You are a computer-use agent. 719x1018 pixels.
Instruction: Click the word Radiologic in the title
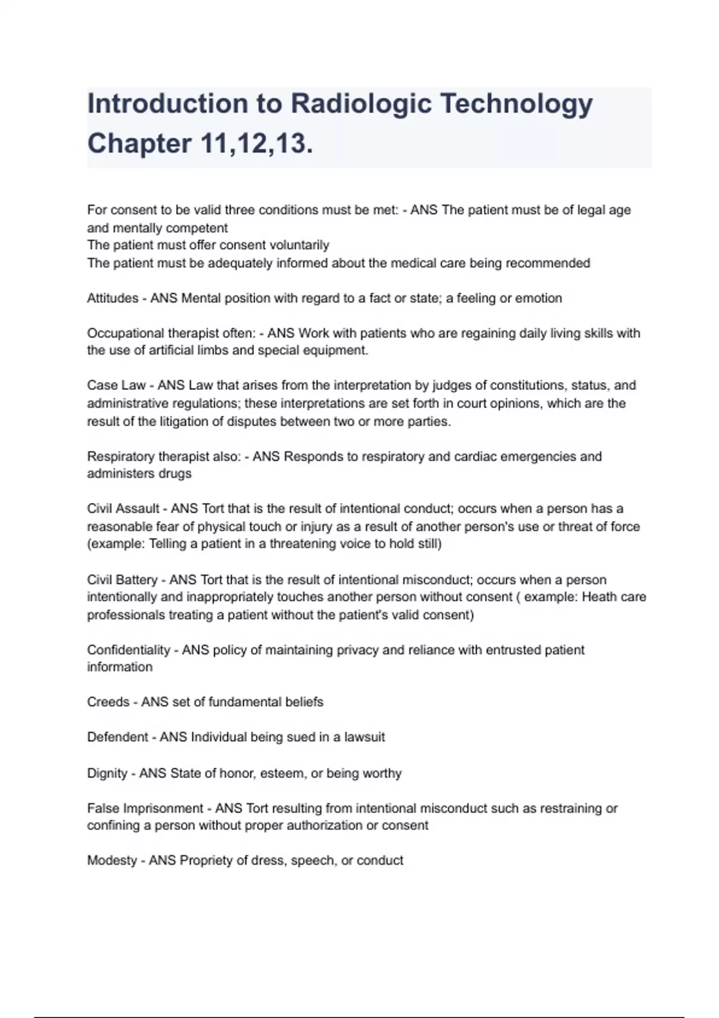click(361, 104)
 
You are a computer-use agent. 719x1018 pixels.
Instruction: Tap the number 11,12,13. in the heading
click(256, 144)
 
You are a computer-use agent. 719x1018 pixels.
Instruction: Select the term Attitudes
click(113, 298)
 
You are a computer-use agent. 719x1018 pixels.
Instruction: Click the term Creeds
click(108, 702)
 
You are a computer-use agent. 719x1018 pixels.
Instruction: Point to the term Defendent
click(117, 737)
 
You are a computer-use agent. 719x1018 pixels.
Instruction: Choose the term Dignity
click(107, 773)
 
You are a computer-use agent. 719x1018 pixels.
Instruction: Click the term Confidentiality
click(129, 650)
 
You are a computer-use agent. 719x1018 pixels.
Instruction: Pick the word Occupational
click(125, 333)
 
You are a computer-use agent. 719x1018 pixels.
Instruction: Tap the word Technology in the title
click(516, 104)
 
